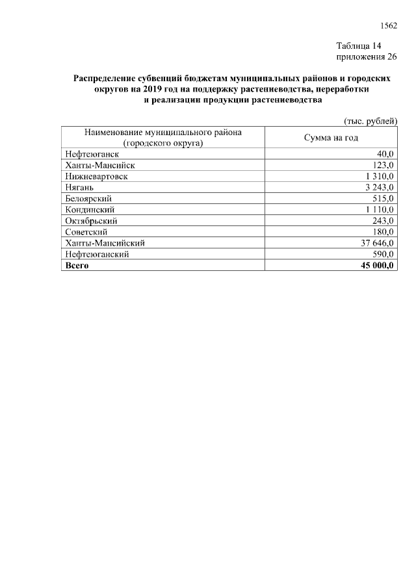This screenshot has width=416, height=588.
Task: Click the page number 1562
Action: click(388, 25)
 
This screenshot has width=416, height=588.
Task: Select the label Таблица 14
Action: click(358, 46)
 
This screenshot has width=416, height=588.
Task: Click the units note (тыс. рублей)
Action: click(370, 121)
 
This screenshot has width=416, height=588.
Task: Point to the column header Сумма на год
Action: click(331, 138)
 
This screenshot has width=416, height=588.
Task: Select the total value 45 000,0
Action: click(374, 265)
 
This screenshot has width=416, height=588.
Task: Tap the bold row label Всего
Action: click(77, 265)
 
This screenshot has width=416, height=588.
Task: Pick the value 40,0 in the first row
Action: click(385, 154)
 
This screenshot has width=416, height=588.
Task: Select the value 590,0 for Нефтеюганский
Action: click(382, 254)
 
